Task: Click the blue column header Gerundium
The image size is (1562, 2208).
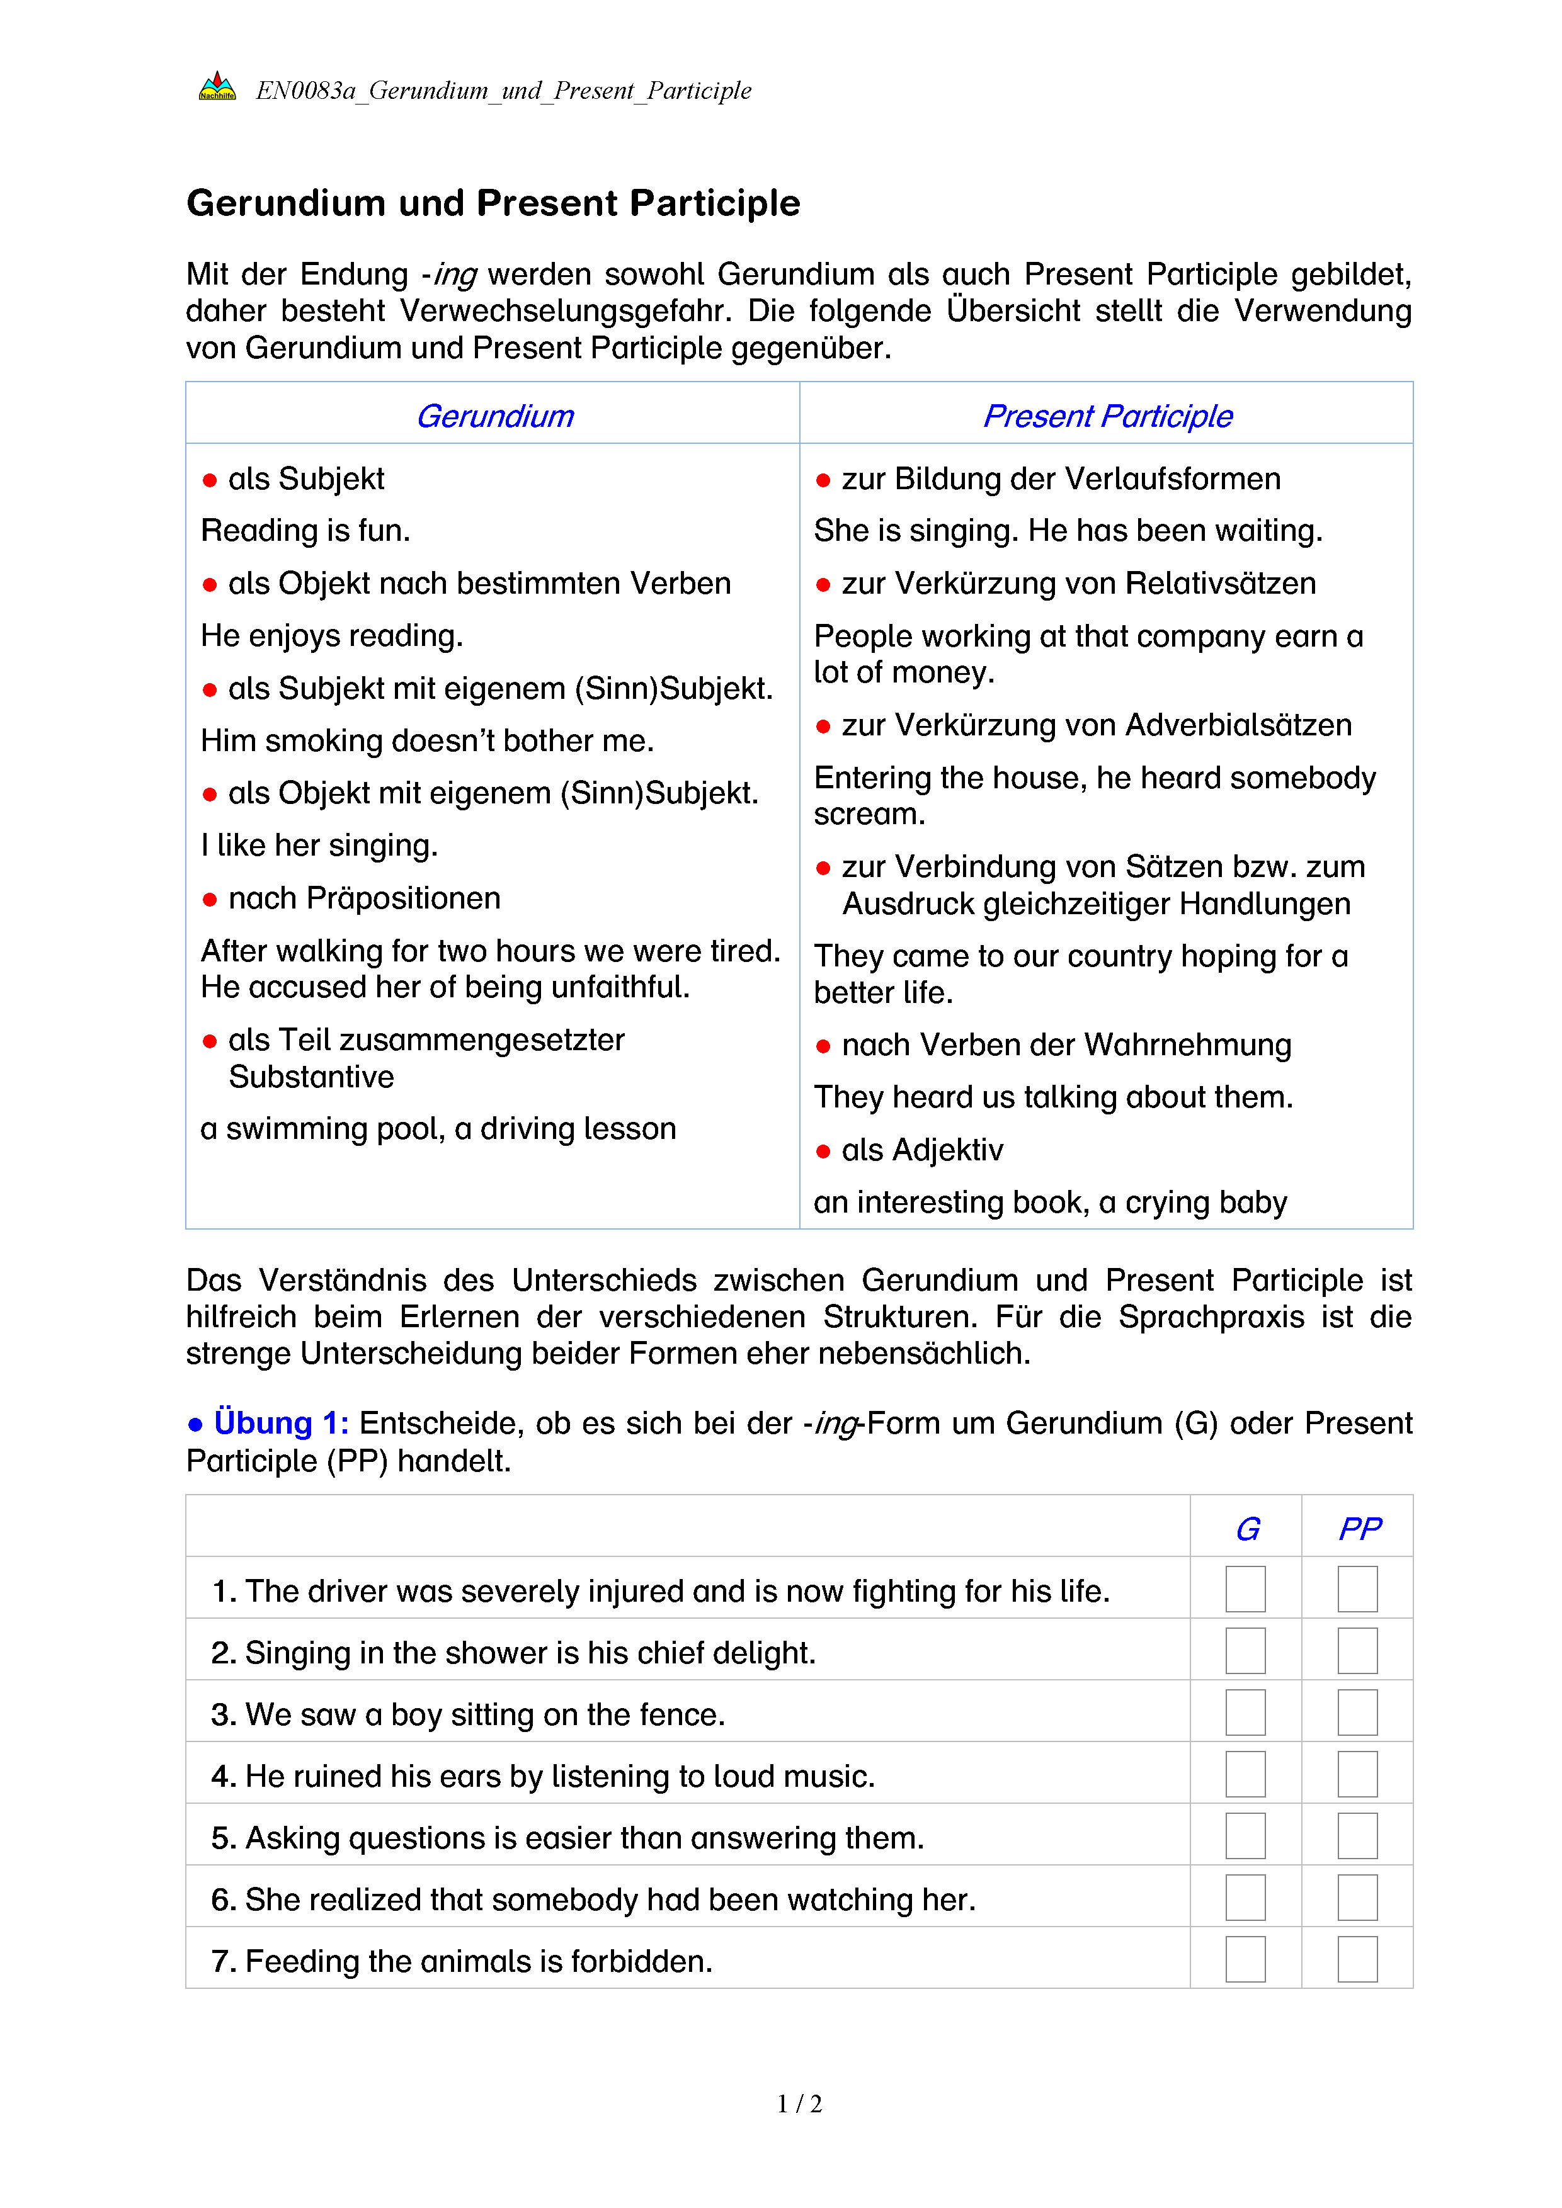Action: [494, 416]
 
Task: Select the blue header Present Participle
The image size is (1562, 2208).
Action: [1107, 416]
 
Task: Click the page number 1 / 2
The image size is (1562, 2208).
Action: [799, 2104]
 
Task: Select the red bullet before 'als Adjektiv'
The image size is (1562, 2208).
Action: [823, 1151]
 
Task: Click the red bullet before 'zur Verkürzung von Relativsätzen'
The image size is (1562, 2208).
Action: [823, 585]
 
